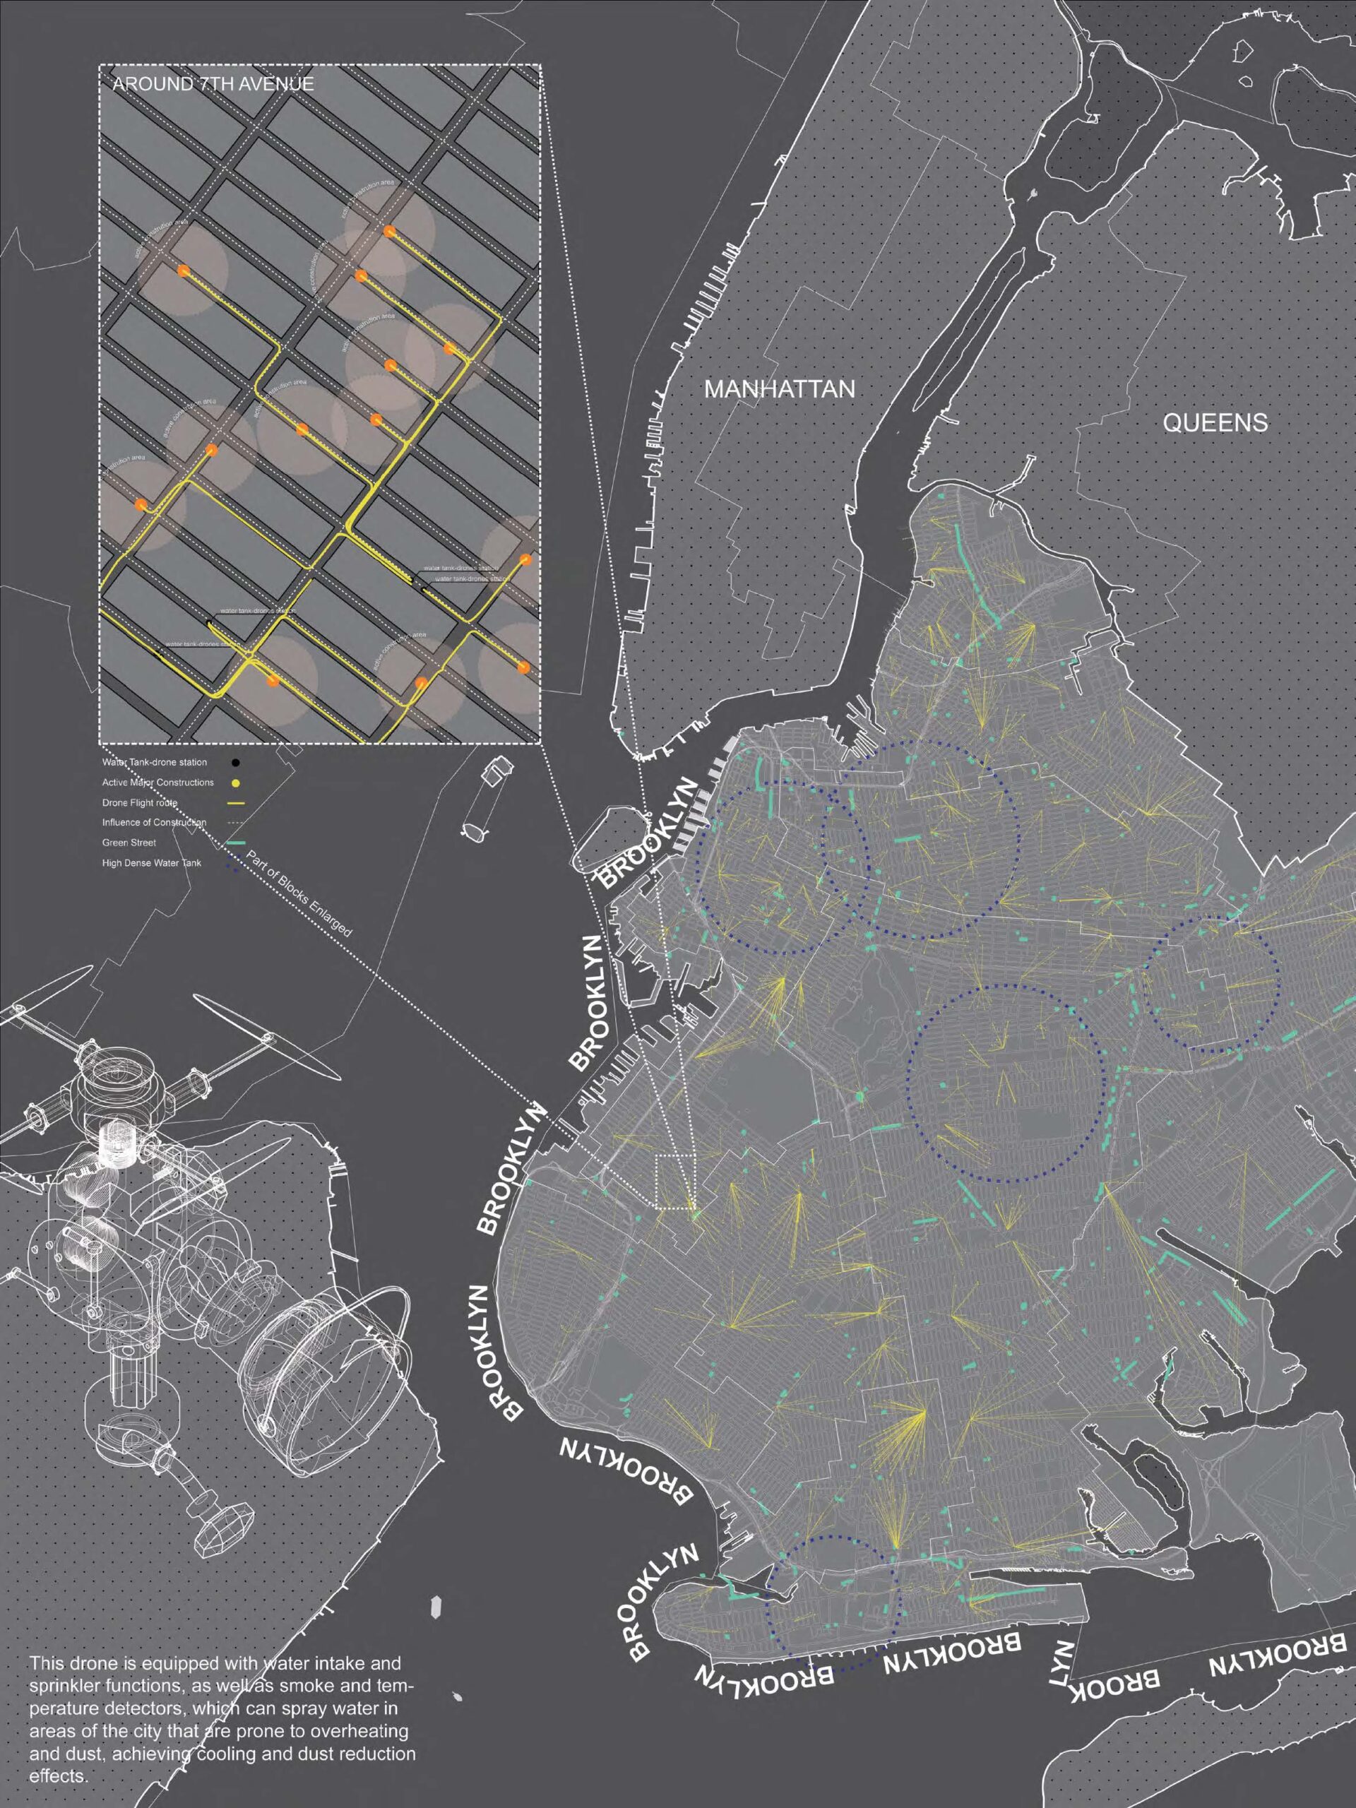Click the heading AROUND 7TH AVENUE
coord(213,83)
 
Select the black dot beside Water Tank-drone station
coord(235,763)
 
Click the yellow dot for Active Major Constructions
coord(235,783)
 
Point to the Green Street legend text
coord(129,843)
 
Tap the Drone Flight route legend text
coord(140,802)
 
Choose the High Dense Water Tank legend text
coord(151,862)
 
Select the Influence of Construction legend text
coord(155,822)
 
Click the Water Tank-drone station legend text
coord(155,763)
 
